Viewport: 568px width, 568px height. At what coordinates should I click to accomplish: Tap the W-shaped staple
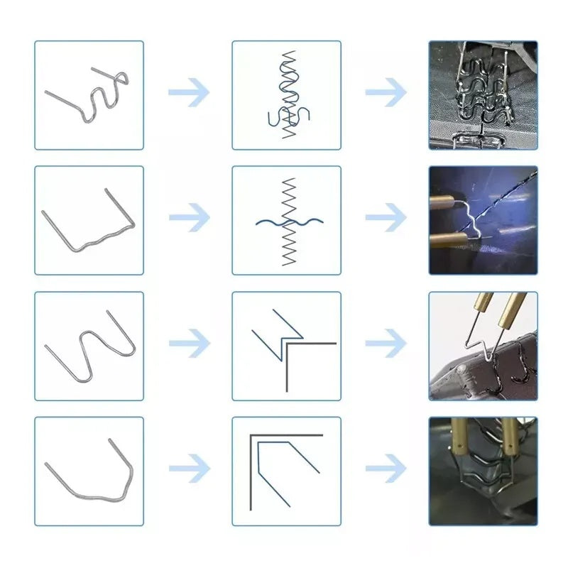click(x=89, y=346)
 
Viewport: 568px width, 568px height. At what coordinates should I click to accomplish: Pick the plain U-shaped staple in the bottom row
click(x=89, y=471)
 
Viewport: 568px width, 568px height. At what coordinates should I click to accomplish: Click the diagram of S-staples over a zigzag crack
click(x=287, y=95)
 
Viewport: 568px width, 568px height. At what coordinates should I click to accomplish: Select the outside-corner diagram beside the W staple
click(x=287, y=346)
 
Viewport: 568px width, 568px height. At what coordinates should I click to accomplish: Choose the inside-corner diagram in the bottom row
click(x=287, y=471)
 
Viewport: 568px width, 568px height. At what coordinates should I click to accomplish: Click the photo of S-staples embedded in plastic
click(x=484, y=95)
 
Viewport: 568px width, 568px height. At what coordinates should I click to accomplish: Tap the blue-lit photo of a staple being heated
click(x=484, y=221)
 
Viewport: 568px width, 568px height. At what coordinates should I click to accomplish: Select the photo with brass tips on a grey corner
click(x=484, y=346)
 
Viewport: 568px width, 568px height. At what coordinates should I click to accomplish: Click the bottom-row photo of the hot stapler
click(x=484, y=471)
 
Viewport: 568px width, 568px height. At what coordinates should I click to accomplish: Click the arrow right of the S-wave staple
click(x=189, y=93)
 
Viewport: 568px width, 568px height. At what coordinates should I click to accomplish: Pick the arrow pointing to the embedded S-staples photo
click(x=386, y=93)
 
